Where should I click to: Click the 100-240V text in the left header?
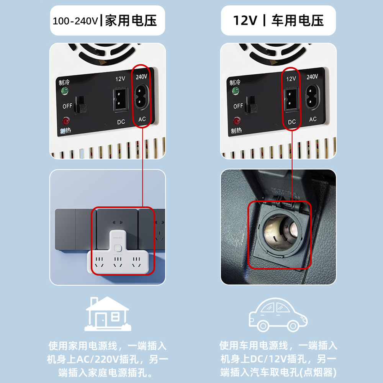pyautogui.click(x=75, y=21)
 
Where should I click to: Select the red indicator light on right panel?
pyautogui.click(x=236, y=121)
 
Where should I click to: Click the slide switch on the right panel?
pyautogui.click(x=251, y=105)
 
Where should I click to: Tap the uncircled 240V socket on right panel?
pyautogui.click(x=312, y=98)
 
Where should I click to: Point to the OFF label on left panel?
pyautogui.click(x=67, y=106)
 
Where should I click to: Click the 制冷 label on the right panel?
pyautogui.click(x=235, y=82)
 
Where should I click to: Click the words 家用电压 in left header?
pyautogui.click(x=131, y=21)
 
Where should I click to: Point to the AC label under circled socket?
pyautogui.click(x=142, y=119)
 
